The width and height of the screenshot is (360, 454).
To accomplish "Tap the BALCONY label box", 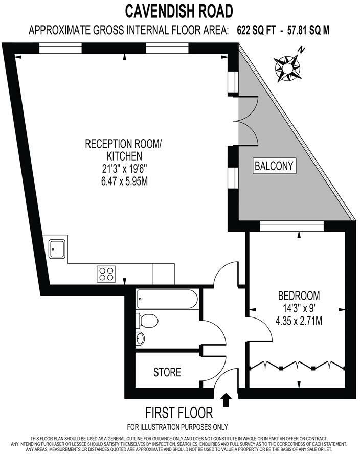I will tap(275, 166).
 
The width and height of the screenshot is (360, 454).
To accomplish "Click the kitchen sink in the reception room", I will tap(56, 249).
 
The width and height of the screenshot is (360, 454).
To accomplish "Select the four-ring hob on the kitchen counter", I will tap(106, 274).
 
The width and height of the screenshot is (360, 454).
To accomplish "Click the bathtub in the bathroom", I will tap(167, 299).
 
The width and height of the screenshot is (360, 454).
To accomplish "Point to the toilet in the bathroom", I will tap(148, 321).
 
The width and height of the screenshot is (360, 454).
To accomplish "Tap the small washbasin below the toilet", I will tap(141, 337).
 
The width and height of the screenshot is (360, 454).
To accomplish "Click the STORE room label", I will tap(167, 372).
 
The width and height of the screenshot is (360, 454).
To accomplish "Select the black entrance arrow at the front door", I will tap(227, 398).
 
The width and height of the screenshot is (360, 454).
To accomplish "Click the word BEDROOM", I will tap(299, 296).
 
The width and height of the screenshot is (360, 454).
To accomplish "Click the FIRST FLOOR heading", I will tap(179, 413).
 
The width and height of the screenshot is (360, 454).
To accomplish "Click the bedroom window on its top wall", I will tap(291, 226).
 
